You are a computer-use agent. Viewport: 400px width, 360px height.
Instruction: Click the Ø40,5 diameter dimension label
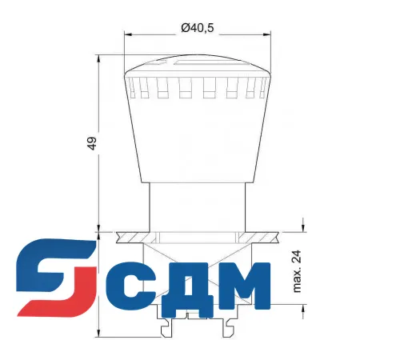click(x=197, y=28)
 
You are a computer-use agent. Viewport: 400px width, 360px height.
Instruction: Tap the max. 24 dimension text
click(x=296, y=270)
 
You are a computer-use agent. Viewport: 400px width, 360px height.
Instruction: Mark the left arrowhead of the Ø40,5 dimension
click(x=129, y=34)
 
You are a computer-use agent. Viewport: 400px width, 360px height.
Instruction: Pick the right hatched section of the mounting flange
click(x=264, y=237)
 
